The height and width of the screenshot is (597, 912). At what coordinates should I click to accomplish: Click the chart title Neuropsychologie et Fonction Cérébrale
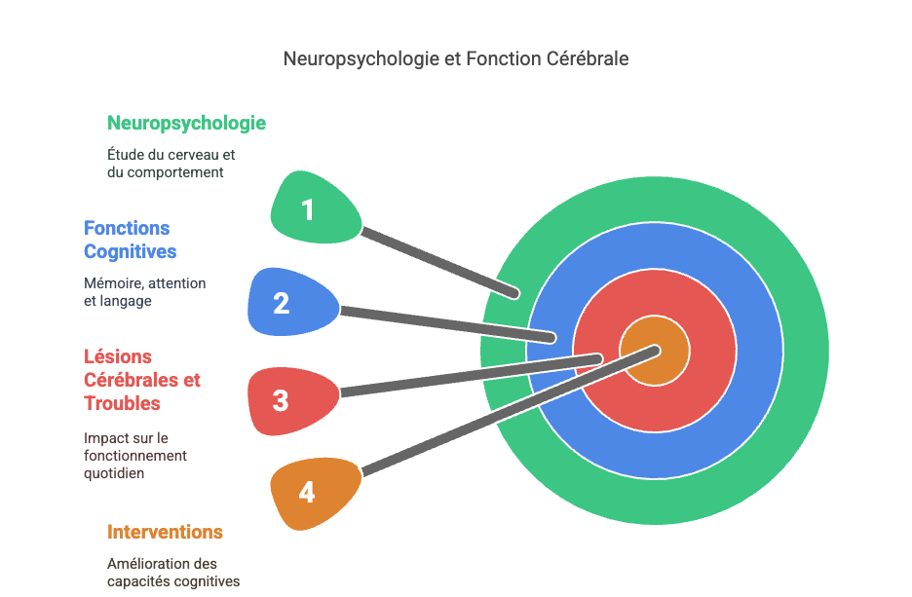[x=456, y=58]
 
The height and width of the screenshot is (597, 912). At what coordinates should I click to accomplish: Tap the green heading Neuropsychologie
[x=186, y=124]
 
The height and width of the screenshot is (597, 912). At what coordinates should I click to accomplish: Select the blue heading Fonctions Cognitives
[x=130, y=240]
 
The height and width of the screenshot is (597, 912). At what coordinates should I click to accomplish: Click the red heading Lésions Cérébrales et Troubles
[x=142, y=380]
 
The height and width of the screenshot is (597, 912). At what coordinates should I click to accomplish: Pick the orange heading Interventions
[x=165, y=532]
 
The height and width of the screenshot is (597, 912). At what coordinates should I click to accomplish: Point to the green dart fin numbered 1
[x=310, y=207]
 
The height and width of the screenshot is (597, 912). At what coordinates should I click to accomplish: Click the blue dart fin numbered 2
[x=285, y=303]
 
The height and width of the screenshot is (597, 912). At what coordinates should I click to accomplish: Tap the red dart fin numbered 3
[x=285, y=399]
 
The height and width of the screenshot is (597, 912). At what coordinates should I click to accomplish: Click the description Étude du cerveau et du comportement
[x=171, y=163]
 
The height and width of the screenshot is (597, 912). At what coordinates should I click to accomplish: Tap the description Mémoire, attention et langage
[x=144, y=292]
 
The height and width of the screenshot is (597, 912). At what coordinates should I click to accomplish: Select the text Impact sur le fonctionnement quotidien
[x=134, y=456]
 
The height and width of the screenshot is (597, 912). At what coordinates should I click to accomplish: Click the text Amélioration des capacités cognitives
[x=172, y=573]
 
